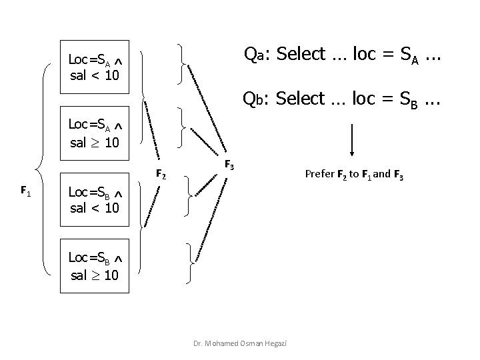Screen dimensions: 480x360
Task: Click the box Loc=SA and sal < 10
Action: [x=95, y=67]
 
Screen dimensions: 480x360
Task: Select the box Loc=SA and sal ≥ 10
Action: [x=95, y=134]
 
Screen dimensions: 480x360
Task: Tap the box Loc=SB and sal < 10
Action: [x=95, y=201]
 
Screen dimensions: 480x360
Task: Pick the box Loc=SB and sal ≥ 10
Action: [x=95, y=267]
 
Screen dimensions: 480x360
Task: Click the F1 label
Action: [x=25, y=191]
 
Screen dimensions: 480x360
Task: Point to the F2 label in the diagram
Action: [x=161, y=175]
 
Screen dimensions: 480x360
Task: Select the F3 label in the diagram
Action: [x=229, y=164]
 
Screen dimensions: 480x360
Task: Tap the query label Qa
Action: [x=253, y=54]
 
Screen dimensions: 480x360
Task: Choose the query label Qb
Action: [x=253, y=99]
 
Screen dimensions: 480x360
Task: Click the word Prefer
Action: [x=319, y=175]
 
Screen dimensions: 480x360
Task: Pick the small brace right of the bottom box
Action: [x=192, y=262]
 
